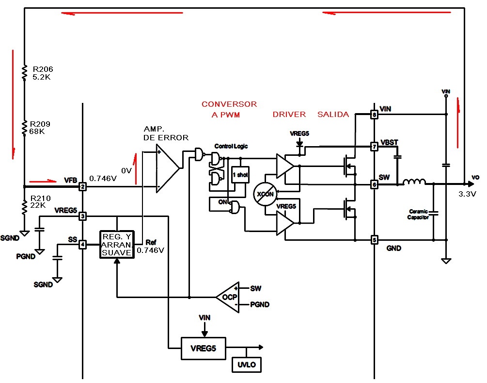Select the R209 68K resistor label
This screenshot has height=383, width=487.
[x=40, y=128]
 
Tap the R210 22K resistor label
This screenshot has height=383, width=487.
[x=40, y=201]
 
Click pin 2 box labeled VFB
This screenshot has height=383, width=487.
[x=82, y=186]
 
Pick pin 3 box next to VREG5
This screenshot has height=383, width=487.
[x=82, y=216]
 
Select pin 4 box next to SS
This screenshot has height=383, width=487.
[x=82, y=245]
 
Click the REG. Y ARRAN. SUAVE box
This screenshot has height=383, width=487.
[x=116, y=244]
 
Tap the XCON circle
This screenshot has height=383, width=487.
[x=265, y=195]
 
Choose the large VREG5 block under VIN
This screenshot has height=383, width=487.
[x=203, y=348]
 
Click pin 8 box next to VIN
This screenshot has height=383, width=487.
[x=374, y=115]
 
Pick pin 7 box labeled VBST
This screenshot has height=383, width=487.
[x=374, y=146]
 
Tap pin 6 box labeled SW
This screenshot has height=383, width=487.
[x=374, y=185]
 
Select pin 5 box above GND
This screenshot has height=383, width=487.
[x=374, y=240]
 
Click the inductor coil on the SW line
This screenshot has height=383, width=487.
[x=415, y=183]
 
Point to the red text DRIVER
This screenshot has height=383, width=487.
[x=289, y=115]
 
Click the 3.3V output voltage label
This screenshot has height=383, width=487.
[x=467, y=194]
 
